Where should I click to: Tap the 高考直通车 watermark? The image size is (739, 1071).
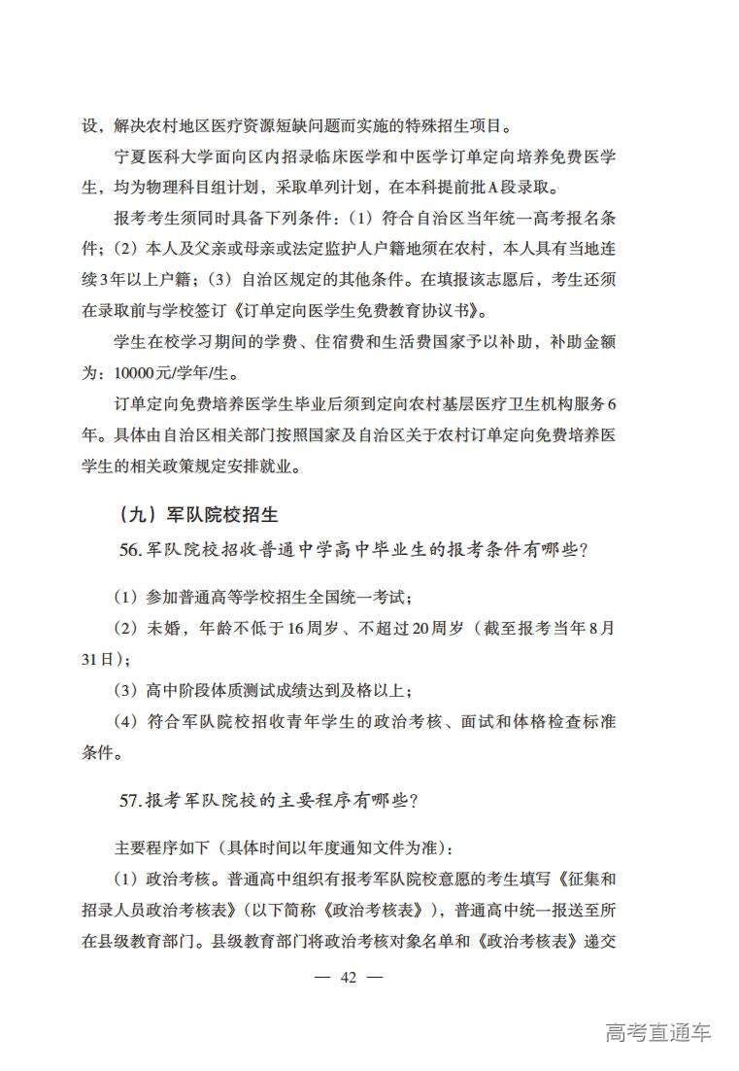(x=657, y=1032)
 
